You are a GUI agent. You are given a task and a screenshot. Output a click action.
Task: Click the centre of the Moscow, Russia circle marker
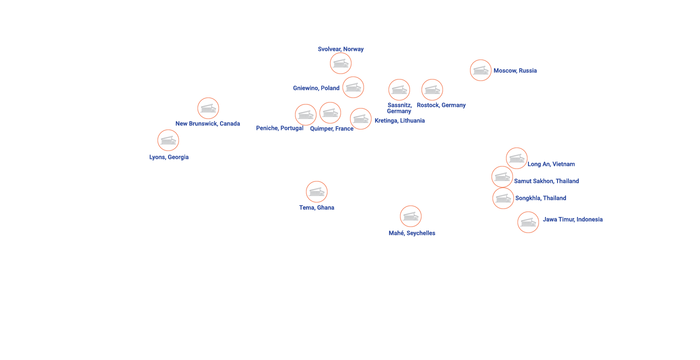480,70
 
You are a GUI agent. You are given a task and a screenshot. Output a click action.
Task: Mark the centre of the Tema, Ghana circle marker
316,192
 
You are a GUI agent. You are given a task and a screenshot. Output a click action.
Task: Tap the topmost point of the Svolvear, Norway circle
340,53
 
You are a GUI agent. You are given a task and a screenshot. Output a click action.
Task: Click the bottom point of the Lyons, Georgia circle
168,151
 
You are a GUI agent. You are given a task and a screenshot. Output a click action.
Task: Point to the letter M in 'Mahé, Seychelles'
391,233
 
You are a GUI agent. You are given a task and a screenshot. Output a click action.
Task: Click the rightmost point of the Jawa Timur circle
539,222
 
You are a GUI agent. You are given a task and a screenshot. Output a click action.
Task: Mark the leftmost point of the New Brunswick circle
197,108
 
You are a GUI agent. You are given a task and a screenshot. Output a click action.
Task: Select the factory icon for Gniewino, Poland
353,87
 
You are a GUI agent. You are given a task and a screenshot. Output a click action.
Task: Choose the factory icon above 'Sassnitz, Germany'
399,90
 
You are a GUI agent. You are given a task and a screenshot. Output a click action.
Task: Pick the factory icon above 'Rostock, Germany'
432,90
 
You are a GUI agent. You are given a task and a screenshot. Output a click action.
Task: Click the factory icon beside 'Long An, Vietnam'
516,158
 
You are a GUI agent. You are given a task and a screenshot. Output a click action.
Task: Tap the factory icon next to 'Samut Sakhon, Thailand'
502,177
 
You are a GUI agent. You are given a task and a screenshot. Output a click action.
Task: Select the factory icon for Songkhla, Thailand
503,198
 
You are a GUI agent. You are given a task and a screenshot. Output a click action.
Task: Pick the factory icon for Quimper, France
330,113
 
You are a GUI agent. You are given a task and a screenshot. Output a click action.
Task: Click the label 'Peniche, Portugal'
279,128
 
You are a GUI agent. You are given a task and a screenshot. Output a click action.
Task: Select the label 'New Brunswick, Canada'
207,124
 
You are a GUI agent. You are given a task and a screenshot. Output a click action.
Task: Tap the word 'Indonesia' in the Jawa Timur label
589,219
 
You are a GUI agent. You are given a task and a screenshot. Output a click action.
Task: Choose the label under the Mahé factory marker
412,233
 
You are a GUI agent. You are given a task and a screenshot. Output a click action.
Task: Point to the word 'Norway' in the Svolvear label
354,49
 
